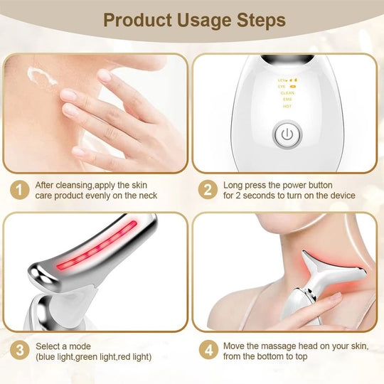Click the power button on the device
286,134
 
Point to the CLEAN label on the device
287,92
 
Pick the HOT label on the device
287,106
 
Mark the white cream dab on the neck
41,76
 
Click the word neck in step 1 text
146,196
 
